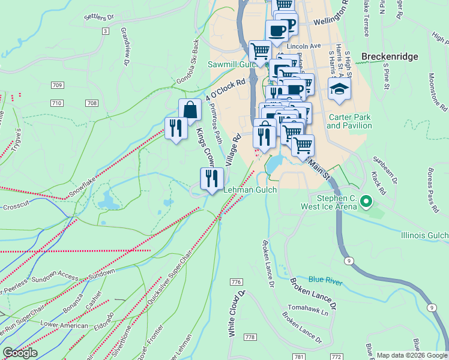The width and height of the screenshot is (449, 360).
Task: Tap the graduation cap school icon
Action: (339, 89)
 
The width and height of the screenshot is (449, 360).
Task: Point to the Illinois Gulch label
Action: (424, 236)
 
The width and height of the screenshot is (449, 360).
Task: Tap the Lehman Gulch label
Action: (250, 190)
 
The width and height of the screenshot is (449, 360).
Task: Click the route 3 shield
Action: (106, 31)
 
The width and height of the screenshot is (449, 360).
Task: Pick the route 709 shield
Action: (57, 85)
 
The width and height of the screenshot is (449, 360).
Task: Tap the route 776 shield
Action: (235, 282)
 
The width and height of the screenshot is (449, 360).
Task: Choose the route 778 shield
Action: (247, 338)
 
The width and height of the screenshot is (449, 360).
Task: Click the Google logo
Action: (20, 353)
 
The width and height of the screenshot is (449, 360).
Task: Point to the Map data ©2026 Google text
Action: (412, 355)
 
